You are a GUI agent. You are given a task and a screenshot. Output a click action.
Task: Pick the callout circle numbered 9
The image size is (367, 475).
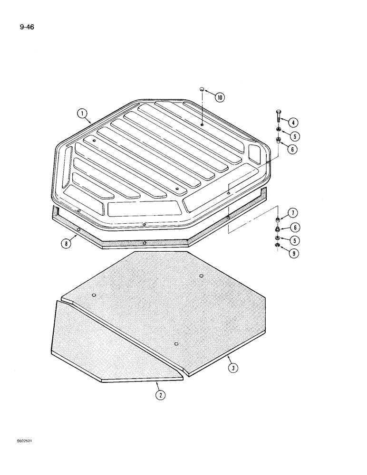[x=294, y=254]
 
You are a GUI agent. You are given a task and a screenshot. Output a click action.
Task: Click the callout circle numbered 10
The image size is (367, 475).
[x=220, y=97]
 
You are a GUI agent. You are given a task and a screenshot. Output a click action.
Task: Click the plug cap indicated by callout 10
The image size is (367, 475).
[x=202, y=89]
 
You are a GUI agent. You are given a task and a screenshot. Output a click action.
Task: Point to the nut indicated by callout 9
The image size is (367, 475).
[x=278, y=246]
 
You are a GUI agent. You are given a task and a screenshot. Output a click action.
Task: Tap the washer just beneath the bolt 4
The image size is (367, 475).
[x=278, y=130]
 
